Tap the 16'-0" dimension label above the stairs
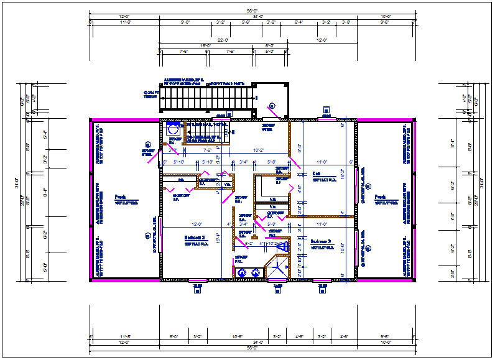tap(206, 46)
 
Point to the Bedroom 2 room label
tap(195, 237)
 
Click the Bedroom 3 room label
tap(321, 241)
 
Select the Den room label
tap(316, 174)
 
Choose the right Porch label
tap(381, 198)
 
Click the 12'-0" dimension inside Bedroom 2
tap(197, 224)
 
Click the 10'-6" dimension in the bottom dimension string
tap(236, 336)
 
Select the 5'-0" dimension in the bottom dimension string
tap(175, 336)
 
